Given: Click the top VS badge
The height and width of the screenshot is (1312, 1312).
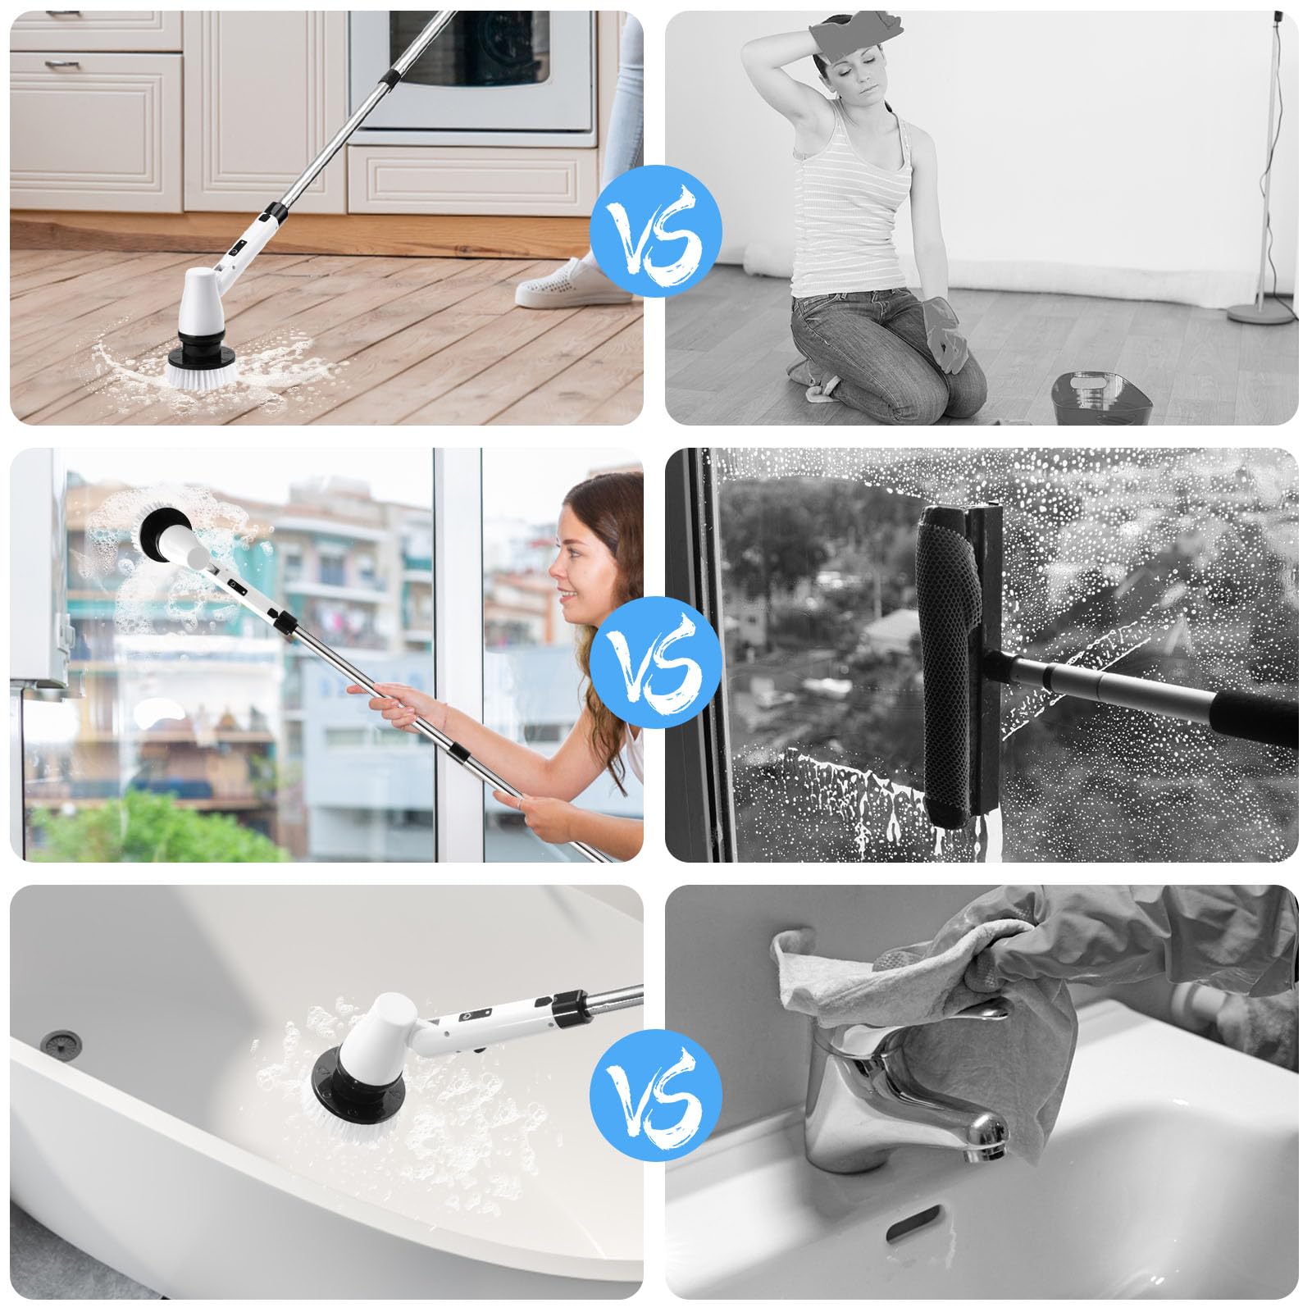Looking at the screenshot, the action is pyautogui.click(x=655, y=230).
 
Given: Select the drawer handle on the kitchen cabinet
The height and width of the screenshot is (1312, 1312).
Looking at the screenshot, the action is pyautogui.click(x=57, y=63).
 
